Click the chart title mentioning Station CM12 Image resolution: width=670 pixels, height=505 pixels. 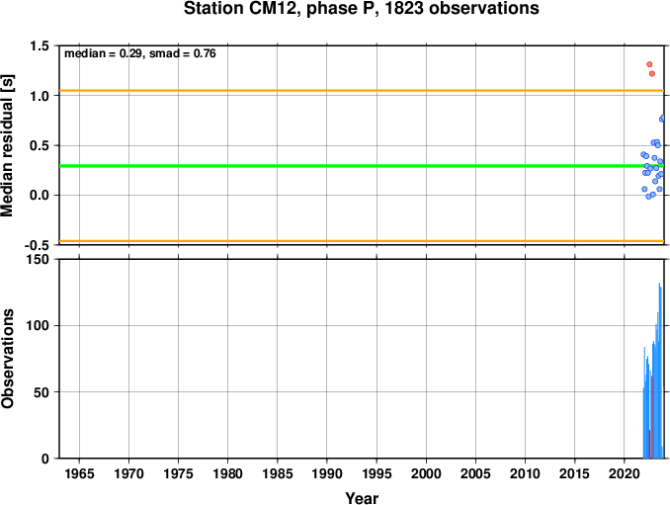click(361, 8)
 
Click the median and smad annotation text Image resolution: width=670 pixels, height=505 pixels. click(140, 53)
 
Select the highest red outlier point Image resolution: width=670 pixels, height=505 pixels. click(649, 64)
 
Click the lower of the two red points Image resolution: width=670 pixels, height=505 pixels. click(652, 74)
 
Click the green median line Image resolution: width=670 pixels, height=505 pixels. click(362, 166)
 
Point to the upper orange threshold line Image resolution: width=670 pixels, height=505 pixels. click(362, 91)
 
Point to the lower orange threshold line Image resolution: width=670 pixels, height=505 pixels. click(362, 241)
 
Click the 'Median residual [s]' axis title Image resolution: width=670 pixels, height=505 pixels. click(7, 145)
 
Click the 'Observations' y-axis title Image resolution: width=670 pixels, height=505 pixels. click(7, 359)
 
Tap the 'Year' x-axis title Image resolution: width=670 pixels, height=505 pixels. click(362, 498)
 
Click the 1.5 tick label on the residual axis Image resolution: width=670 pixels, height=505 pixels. click(39, 45)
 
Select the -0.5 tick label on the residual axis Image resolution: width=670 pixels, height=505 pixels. click(37, 245)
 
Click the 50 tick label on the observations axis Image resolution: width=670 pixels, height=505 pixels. click(42, 392)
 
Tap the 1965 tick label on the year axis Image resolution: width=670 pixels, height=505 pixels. click(79, 473)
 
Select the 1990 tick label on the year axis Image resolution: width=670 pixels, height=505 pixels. click(327, 473)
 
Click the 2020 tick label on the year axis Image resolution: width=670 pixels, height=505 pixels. click(625, 473)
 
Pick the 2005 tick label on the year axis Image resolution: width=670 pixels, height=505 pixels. click(475, 473)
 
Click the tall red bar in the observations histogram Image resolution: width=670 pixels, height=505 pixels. click(651, 417)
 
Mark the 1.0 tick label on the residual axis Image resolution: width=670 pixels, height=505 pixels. click(39, 96)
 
